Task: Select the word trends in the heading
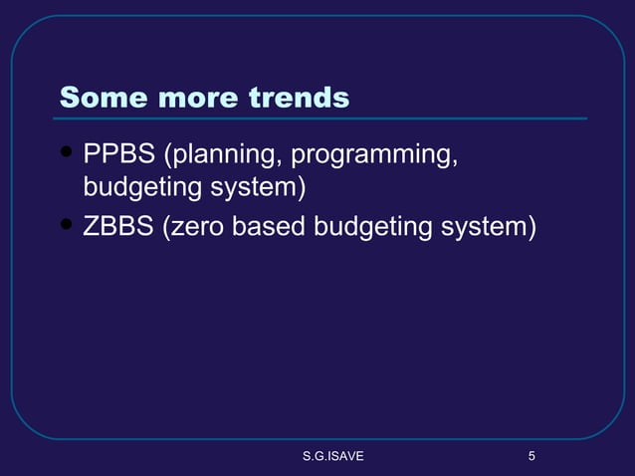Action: pyautogui.click(x=299, y=98)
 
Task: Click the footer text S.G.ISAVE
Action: pyautogui.click(x=333, y=457)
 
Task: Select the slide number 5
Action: pyautogui.click(x=531, y=457)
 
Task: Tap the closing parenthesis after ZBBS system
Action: pyautogui.click(x=532, y=227)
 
